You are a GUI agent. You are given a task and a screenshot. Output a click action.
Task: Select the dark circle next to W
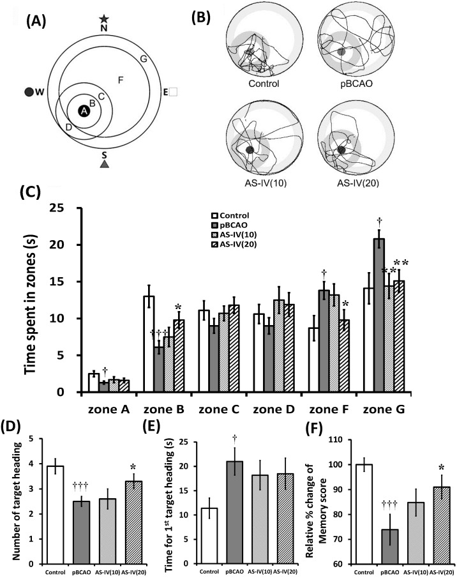(29, 92)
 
